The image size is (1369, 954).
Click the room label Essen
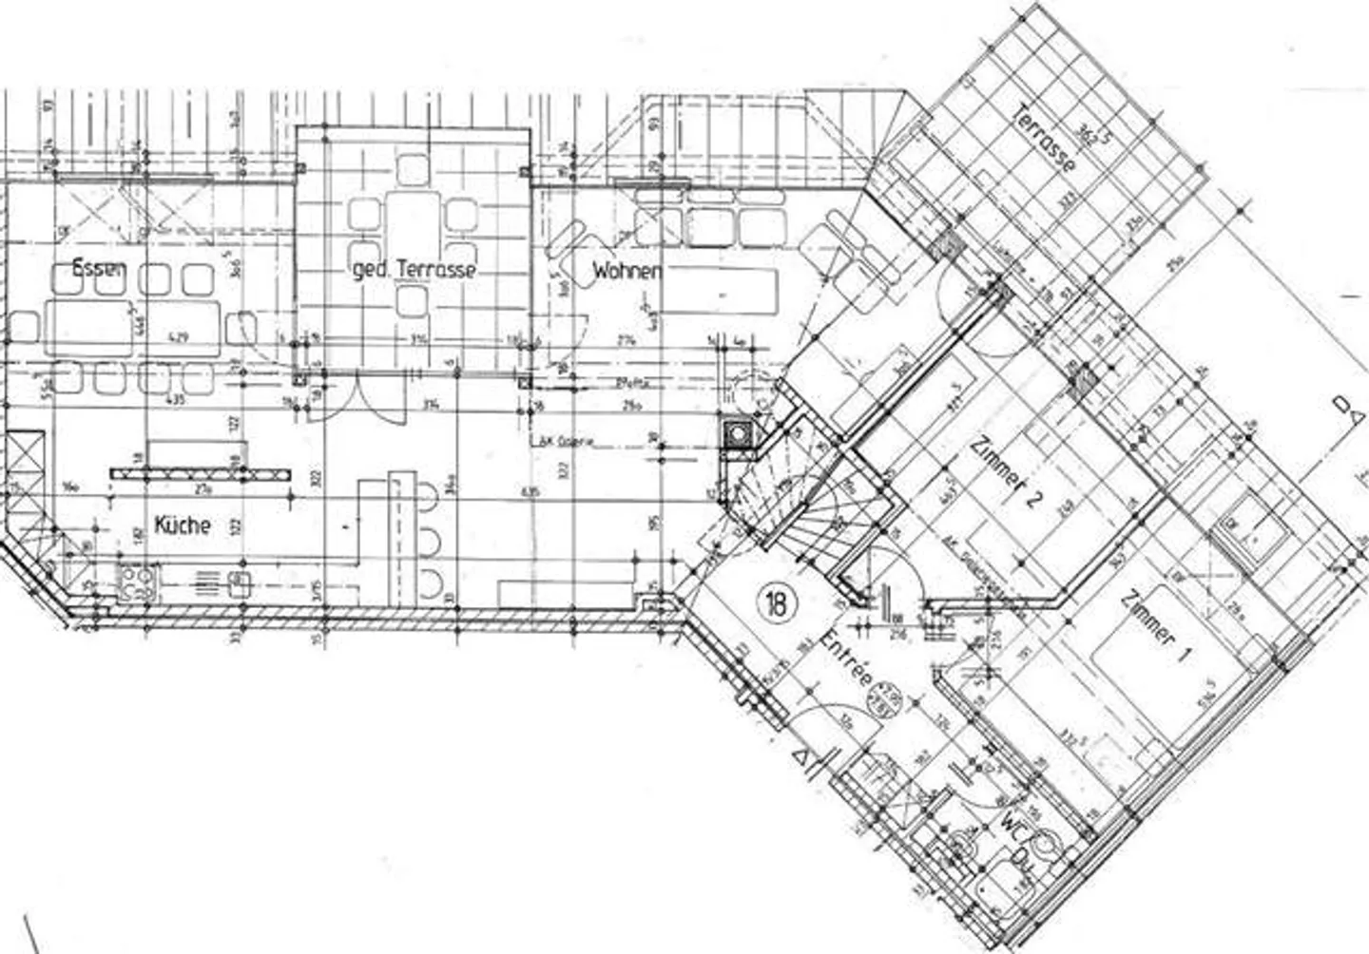pyautogui.click(x=99, y=269)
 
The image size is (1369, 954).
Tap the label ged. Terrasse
pyautogui.click(x=414, y=270)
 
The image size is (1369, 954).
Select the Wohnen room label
pyautogui.click(x=627, y=271)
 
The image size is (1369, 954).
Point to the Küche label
pyautogui.click(x=182, y=525)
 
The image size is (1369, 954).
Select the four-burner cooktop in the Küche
pyautogui.click(x=136, y=581)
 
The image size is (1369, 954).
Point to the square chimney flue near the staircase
pyautogui.click(x=737, y=433)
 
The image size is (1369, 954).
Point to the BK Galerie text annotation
pyautogui.click(x=560, y=441)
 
